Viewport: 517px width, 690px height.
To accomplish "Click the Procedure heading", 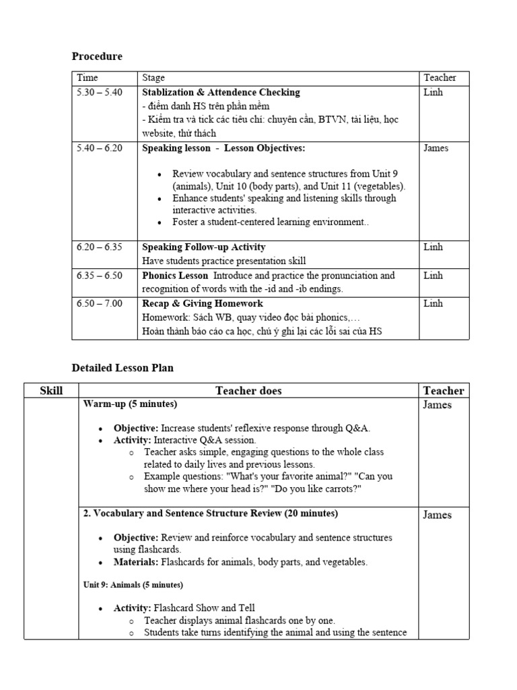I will (x=97, y=57).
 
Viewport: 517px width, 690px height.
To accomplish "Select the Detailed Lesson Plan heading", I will (x=123, y=368).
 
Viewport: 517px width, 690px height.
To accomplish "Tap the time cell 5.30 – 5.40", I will (x=100, y=92).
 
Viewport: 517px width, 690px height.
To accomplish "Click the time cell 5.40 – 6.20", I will (x=100, y=148).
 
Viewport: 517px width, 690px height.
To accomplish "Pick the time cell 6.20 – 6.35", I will (x=100, y=247).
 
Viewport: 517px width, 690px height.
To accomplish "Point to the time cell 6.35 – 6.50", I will (x=100, y=276).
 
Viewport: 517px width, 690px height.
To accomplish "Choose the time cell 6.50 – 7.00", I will (x=100, y=304).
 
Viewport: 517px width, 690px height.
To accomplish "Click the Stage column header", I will (x=153, y=78).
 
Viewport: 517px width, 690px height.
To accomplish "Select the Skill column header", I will (x=51, y=391).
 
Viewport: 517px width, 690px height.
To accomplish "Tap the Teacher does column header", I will (x=248, y=391).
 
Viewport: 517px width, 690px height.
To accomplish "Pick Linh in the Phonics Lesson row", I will (x=433, y=276).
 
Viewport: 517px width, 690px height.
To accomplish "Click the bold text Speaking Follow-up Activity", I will (x=204, y=247).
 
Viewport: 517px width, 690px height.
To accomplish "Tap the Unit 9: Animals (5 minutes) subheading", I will (x=133, y=584).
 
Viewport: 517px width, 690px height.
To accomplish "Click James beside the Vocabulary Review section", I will (x=437, y=515).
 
